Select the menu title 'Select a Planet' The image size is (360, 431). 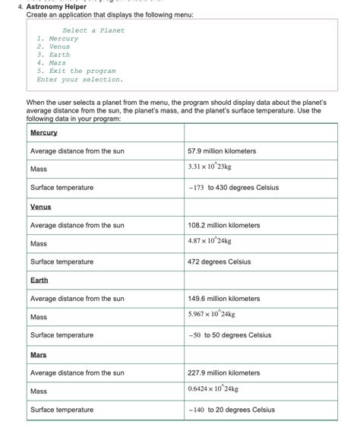pyautogui.click(x=93, y=30)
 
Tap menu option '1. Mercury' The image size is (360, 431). pyautogui.click(x=58, y=39)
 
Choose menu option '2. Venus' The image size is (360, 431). pyautogui.click(x=53, y=46)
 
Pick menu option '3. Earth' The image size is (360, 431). pyautogui.click(x=53, y=55)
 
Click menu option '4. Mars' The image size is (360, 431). pyautogui.click(x=52, y=63)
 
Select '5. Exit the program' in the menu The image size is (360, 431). pyautogui.click(x=76, y=71)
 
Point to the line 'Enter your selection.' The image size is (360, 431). pyautogui.click(x=80, y=79)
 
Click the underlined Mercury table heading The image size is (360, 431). pyautogui.click(x=43, y=133)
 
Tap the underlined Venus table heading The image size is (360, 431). pyautogui.click(x=41, y=207)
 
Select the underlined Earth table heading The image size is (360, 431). pyautogui.click(x=39, y=280)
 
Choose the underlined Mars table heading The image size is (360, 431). pyautogui.click(x=39, y=354)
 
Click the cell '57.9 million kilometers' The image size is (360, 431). pyautogui.click(x=222, y=151)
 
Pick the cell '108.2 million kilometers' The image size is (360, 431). pyautogui.click(x=224, y=225)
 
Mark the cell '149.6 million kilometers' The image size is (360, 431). pyautogui.click(x=224, y=299)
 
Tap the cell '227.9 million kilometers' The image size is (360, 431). pyautogui.click(x=224, y=372)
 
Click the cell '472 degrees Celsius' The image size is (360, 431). pyautogui.click(x=219, y=261)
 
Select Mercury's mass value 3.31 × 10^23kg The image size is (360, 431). pyautogui.click(x=210, y=166)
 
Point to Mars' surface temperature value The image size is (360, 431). pyautogui.click(x=232, y=410)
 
